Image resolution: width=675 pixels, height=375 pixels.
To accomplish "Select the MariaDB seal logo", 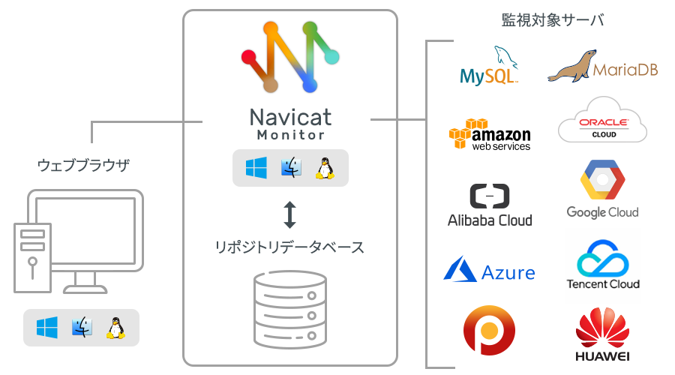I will (x=603, y=67).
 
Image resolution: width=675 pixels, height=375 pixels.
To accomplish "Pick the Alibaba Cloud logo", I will (x=489, y=205).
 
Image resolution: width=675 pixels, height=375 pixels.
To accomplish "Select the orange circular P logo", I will (x=489, y=330).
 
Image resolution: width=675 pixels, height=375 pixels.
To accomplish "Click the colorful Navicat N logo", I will (x=290, y=57).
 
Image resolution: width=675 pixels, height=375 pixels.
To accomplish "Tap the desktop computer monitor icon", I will (x=82, y=240).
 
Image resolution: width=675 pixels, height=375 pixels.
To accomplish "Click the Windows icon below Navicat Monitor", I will (x=256, y=168).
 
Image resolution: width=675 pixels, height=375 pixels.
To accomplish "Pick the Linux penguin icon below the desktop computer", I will (x=115, y=328).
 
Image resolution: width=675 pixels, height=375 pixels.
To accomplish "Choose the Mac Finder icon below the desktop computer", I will (x=81, y=328).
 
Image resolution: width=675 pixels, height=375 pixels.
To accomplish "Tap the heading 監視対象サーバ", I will (x=553, y=20).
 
